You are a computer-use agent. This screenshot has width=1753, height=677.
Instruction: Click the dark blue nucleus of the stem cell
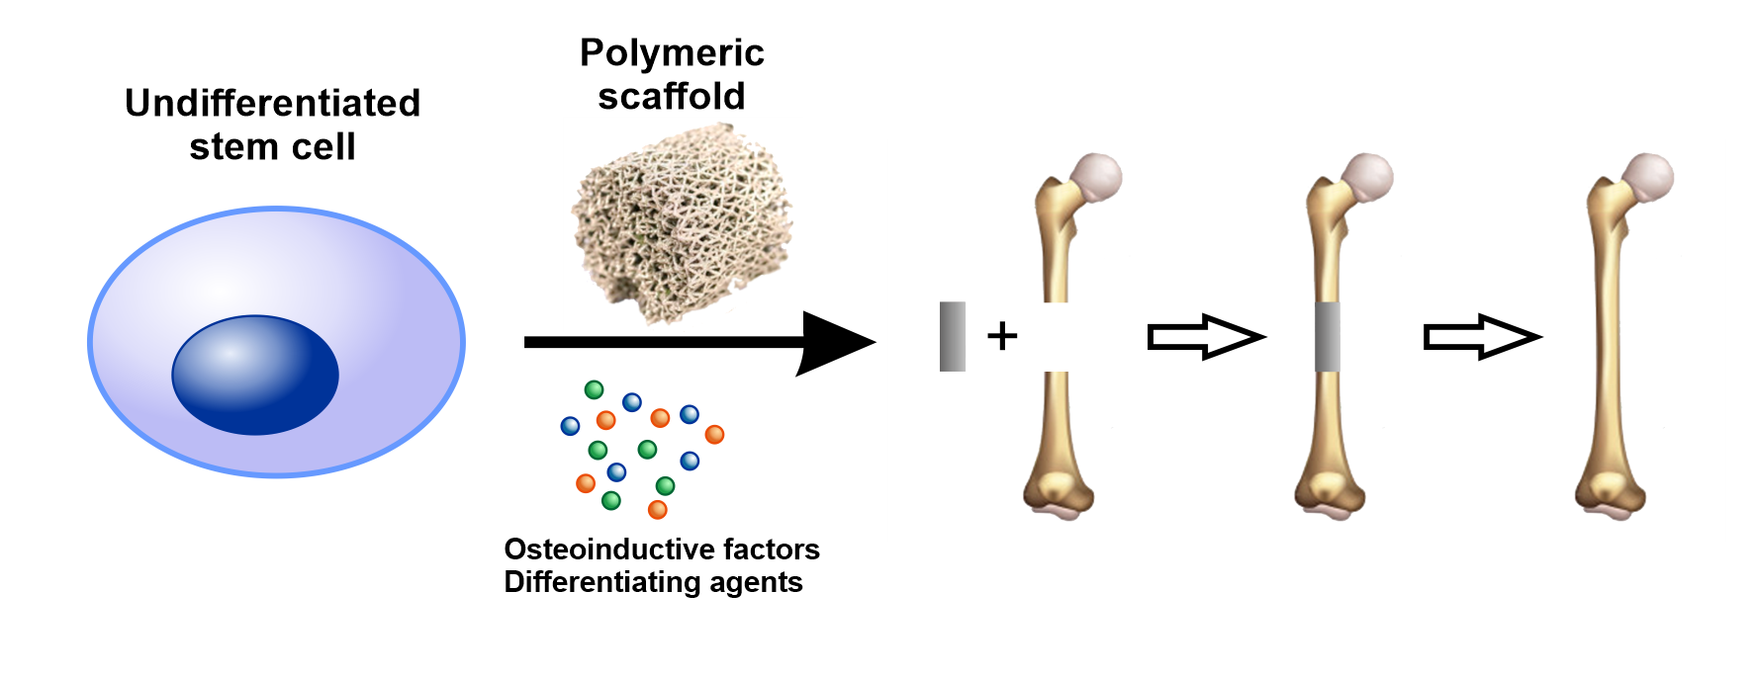255,376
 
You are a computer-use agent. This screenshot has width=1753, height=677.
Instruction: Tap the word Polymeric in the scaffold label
672,53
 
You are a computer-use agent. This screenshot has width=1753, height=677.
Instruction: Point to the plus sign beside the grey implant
1002,336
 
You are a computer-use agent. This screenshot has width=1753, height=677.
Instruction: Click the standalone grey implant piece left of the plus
952,337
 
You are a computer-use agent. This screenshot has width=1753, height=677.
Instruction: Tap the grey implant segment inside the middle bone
1328,337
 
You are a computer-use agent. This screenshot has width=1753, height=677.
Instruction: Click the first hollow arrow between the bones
1205,337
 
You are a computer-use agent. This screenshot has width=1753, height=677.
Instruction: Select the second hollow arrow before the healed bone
1481,337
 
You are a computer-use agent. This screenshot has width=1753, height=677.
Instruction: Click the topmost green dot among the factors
594,389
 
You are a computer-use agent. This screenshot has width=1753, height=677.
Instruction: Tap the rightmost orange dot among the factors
714,434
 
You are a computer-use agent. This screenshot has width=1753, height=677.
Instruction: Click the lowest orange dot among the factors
657,510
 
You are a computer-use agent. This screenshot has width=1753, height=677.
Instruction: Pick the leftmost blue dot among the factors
570,426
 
